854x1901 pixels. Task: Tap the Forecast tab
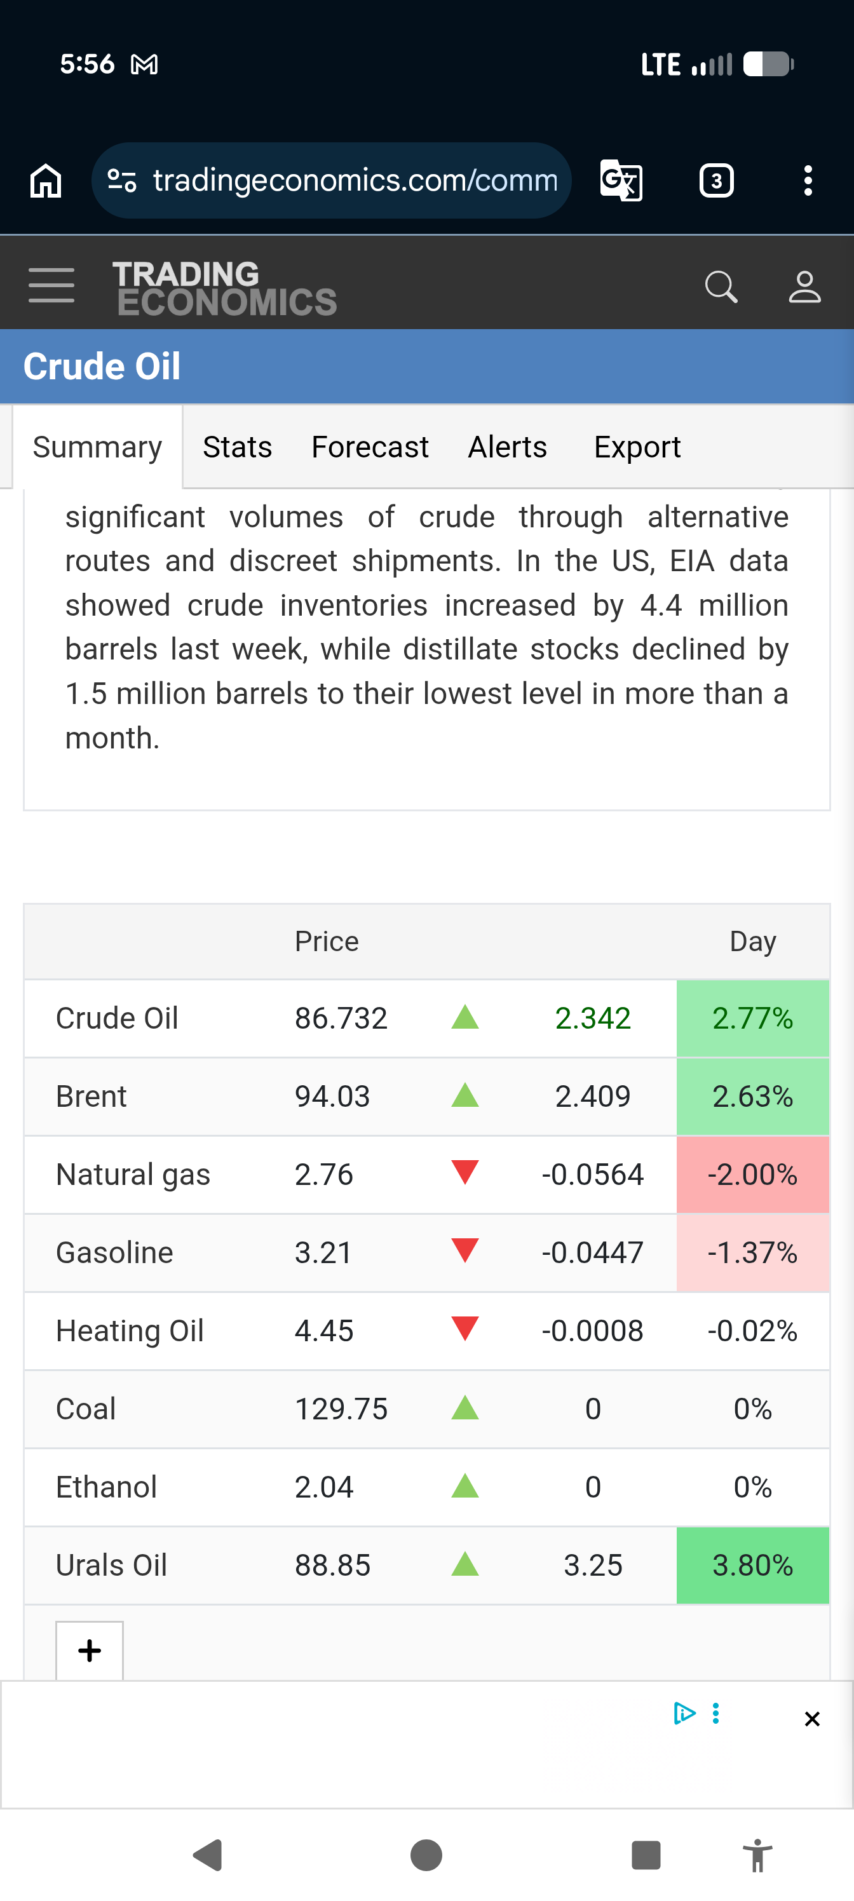(370, 447)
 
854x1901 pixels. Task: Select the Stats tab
(238, 447)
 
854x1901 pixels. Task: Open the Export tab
(637, 447)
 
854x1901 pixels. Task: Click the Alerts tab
(508, 447)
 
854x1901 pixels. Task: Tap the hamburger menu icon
(51, 285)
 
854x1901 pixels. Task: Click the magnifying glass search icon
(721, 287)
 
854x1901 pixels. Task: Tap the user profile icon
(804, 287)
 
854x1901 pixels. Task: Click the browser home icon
(46, 181)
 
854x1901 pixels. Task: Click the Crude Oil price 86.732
(341, 1018)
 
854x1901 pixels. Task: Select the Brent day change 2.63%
(753, 1097)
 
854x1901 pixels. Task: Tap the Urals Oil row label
(111, 1566)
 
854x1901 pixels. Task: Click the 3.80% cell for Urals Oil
(753, 1566)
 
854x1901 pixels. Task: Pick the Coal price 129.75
(341, 1409)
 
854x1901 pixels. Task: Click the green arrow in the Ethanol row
(465, 1485)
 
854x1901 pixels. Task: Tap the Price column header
(327, 942)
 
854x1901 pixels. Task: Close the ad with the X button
(812, 1719)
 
